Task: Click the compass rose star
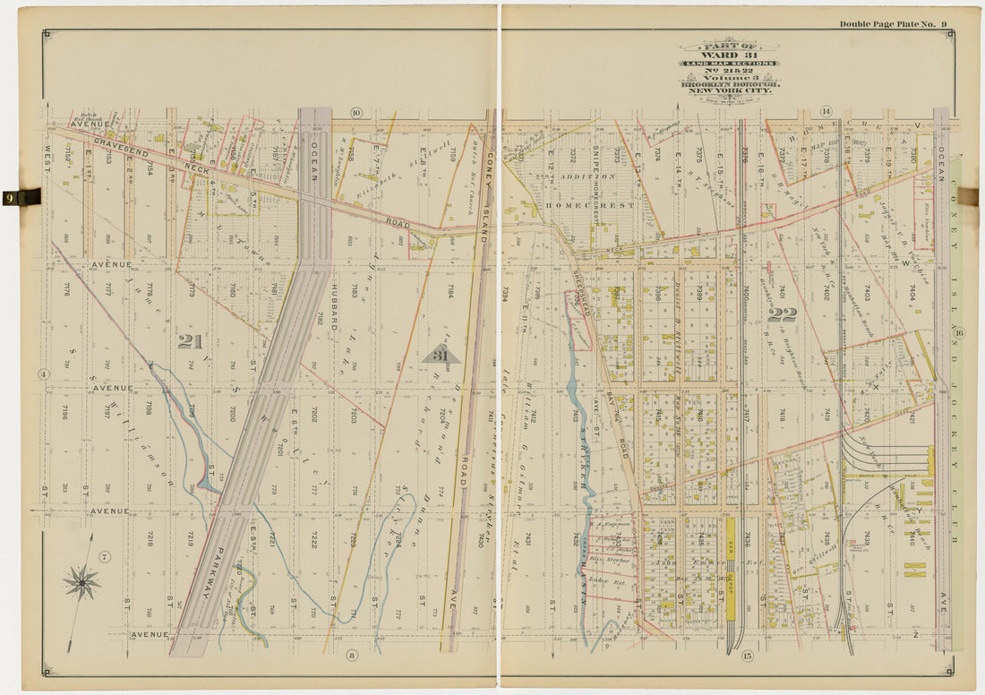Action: pos(81,583)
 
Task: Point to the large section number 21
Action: pos(190,341)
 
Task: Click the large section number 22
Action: pos(781,314)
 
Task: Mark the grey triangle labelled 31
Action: pos(441,355)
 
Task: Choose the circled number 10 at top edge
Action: pos(355,112)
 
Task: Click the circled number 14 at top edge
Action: pos(826,111)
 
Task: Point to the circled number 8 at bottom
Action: pos(352,656)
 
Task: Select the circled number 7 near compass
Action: pos(105,558)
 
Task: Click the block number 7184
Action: pos(451,290)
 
